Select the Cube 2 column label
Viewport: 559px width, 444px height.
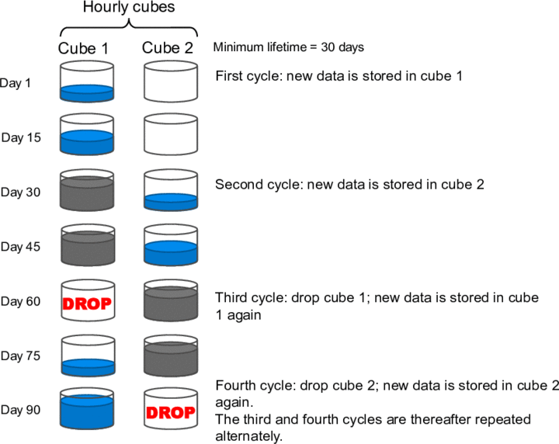pos(168,48)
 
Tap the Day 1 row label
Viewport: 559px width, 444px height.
pos(16,82)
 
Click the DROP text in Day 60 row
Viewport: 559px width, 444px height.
pos(87,303)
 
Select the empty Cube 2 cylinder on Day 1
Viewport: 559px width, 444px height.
pos(171,82)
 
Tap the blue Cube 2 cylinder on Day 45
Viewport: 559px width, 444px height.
pos(171,247)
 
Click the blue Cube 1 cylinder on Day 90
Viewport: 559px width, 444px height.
pos(87,410)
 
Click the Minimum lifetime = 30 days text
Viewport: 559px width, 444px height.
pos(289,47)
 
